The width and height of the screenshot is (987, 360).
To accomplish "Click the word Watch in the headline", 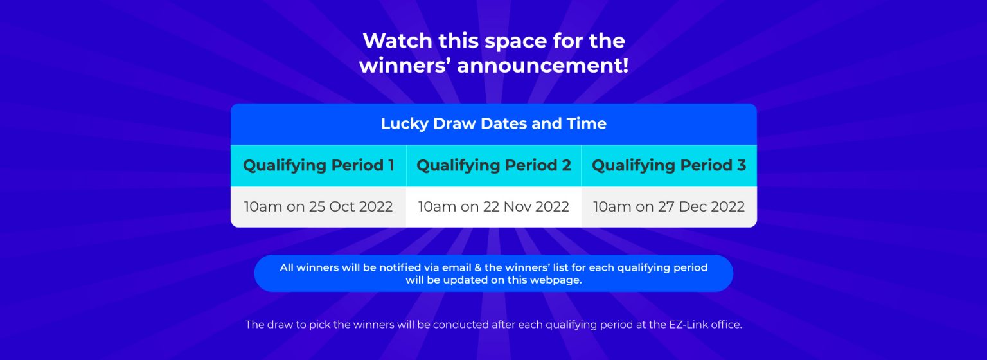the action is pos(398,41).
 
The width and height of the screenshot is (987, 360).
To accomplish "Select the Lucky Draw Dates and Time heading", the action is pos(493,123).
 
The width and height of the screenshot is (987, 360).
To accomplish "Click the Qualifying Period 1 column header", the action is pos(319,165).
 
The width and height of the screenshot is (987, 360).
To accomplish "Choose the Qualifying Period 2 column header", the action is pos(493,165).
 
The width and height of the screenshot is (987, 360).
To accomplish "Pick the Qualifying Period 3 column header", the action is pos(669,165).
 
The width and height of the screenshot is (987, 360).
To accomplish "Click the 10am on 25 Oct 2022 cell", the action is pos(318,206).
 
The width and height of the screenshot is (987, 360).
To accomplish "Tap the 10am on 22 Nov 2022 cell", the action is pos(493,206).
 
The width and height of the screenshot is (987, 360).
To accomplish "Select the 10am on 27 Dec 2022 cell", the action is pos(669,206).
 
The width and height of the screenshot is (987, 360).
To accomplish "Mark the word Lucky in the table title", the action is pos(404,124).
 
